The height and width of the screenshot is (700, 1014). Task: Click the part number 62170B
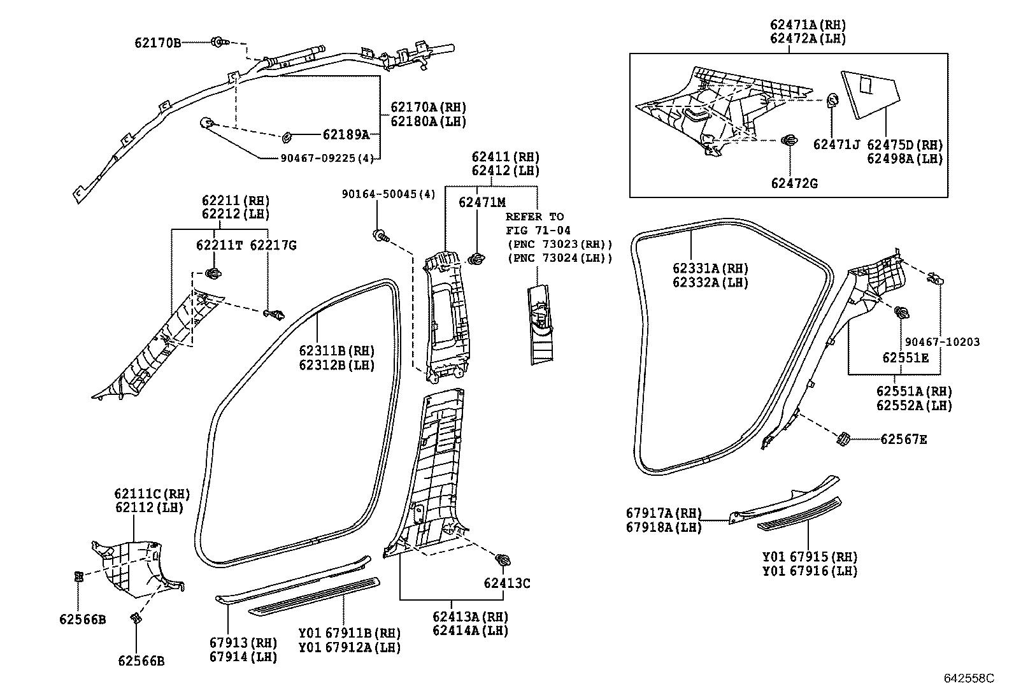pos(157,43)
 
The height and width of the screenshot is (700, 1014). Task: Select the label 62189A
pos(346,134)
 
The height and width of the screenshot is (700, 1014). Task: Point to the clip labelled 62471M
pos(475,259)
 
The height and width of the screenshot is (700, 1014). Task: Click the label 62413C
pos(506,583)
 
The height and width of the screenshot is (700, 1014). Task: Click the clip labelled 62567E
pos(843,439)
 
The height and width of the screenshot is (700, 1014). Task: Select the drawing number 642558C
pos(968,678)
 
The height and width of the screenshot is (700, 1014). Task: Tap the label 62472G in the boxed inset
pos(794,183)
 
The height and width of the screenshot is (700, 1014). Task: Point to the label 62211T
pos(219,245)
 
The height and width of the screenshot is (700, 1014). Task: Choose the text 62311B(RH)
pos(337,351)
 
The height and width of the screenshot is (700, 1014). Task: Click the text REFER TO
pos(534,217)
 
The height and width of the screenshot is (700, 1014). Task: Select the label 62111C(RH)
pos(152,493)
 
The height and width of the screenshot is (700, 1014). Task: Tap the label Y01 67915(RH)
pos(810,556)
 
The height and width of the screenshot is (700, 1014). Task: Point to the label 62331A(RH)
pos(710,268)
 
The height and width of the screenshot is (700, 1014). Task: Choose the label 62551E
pos(905,358)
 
